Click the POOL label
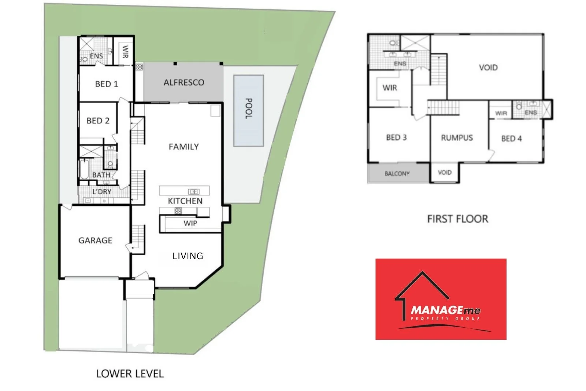[248, 108]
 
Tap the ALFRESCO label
[184, 82]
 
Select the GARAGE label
[95, 241]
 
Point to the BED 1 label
[107, 84]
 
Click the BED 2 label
[98, 121]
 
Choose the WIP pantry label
[190, 223]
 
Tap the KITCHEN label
[185, 201]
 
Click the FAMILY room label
[184, 147]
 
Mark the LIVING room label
[188, 256]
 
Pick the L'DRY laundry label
[102, 191]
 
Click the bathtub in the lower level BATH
[84, 169]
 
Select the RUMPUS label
[457, 138]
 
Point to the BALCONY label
[397, 174]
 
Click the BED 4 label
[511, 138]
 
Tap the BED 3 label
[396, 138]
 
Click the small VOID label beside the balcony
[445, 172]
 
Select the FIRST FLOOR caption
[457, 219]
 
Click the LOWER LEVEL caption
[130, 374]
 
